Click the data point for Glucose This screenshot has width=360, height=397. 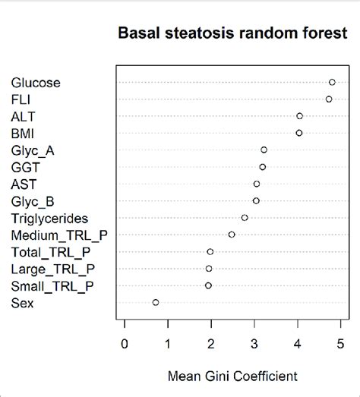tap(332, 82)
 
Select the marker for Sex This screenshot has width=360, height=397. tap(156, 302)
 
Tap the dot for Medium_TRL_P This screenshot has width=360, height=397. tap(232, 235)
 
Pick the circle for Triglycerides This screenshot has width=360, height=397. tap(245, 218)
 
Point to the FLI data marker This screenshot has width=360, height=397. tap(329, 99)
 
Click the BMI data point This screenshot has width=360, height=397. tap(299, 133)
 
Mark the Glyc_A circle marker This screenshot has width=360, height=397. tap(264, 150)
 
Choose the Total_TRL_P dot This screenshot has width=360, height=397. tap(210, 251)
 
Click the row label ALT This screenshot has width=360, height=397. tap(23, 116)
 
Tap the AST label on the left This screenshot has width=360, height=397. tap(24, 184)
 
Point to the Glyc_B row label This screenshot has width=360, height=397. tap(33, 200)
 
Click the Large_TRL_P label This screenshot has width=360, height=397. tap(52, 269)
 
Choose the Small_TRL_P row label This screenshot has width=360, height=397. tap(52, 285)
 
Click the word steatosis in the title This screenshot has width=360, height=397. tap(194, 34)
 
